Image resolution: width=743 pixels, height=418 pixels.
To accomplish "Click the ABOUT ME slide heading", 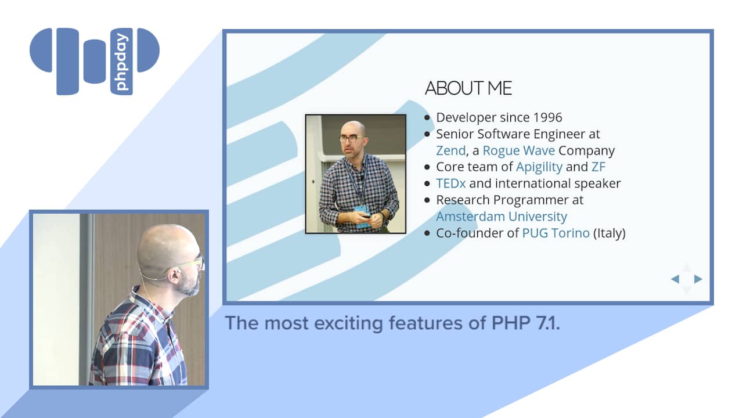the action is point(468,88).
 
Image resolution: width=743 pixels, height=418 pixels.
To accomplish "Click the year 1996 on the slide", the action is point(547,117).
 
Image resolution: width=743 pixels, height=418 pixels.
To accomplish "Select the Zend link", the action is point(451,150).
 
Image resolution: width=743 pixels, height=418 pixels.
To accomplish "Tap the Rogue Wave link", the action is point(519,150).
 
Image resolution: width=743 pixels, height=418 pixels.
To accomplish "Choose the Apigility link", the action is point(539,167).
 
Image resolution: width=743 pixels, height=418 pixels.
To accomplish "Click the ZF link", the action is point(598,167).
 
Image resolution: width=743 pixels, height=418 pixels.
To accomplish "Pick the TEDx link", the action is point(451,183).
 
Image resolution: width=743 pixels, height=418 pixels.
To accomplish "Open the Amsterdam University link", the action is point(502,217).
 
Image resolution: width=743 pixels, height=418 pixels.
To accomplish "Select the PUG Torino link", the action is point(556,233).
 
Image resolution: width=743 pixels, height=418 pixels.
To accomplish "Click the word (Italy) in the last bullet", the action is point(609,233).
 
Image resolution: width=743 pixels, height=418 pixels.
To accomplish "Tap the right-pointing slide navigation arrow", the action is point(698,279).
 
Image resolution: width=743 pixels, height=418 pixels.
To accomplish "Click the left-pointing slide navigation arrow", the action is point(675,279).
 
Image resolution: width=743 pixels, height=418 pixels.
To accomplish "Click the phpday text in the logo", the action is point(121,62).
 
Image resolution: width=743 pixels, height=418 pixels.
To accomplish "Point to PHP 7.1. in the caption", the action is point(526,323).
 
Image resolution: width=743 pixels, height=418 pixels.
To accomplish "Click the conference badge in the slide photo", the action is point(363,216).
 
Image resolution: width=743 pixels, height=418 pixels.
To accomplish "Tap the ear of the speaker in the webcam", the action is point(174,275).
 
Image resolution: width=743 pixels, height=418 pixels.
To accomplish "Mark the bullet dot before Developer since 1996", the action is point(427,117).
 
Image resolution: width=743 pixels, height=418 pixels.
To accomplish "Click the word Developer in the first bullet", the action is point(466,118).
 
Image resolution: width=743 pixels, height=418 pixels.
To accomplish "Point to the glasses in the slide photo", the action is point(352,139).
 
